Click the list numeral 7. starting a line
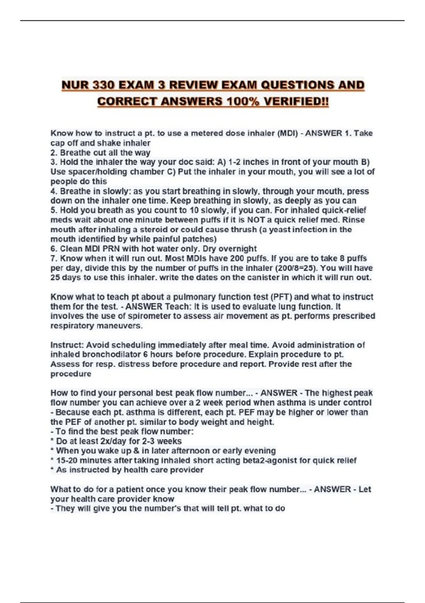point(54,259)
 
